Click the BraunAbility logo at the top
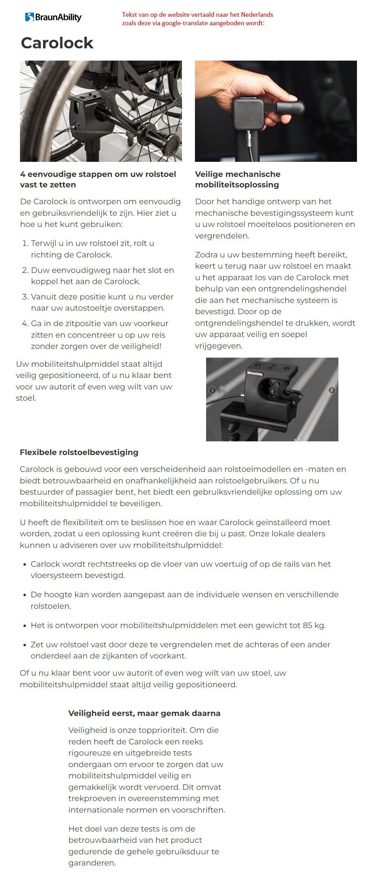point(53,17)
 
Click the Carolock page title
point(57,43)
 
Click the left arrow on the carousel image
point(212,390)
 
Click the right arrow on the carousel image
point(332,390)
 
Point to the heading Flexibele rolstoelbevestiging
point(79,452)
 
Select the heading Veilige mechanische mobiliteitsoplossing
point(237,179)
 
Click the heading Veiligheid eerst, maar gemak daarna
point(144,713)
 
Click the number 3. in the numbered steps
point(25,297)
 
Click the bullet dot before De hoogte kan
point(24,595)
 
